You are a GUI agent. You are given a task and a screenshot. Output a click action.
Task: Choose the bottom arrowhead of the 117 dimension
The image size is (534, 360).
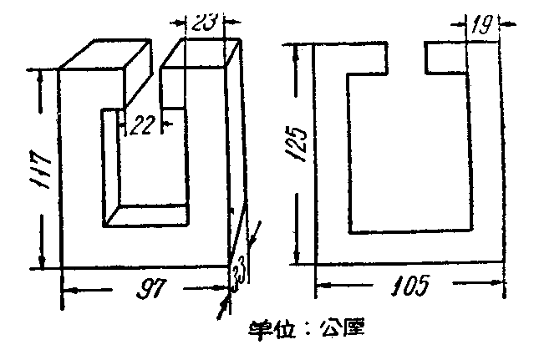click(x=41, y=261)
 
